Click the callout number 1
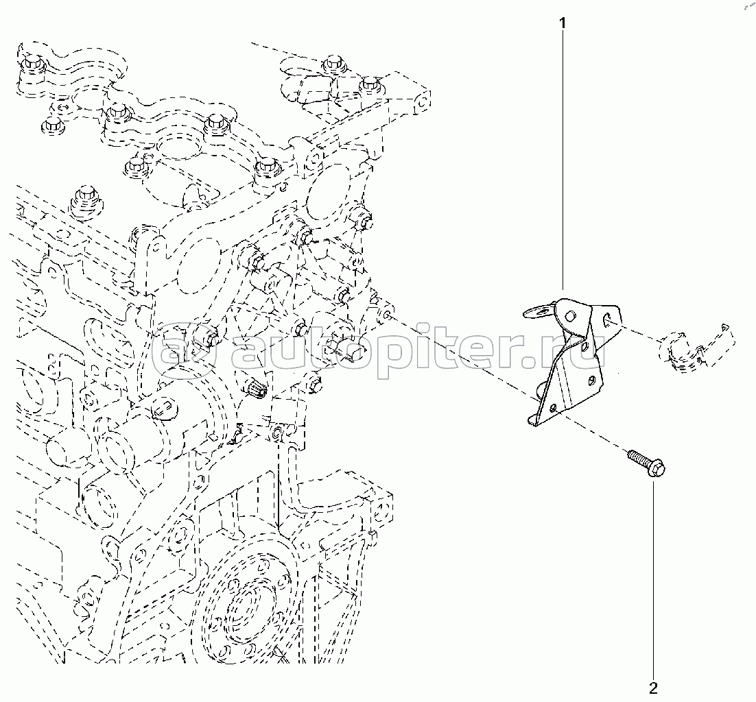coord(563,24)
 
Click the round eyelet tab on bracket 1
coord(536,313)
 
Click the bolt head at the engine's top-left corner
coord(30,66)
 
